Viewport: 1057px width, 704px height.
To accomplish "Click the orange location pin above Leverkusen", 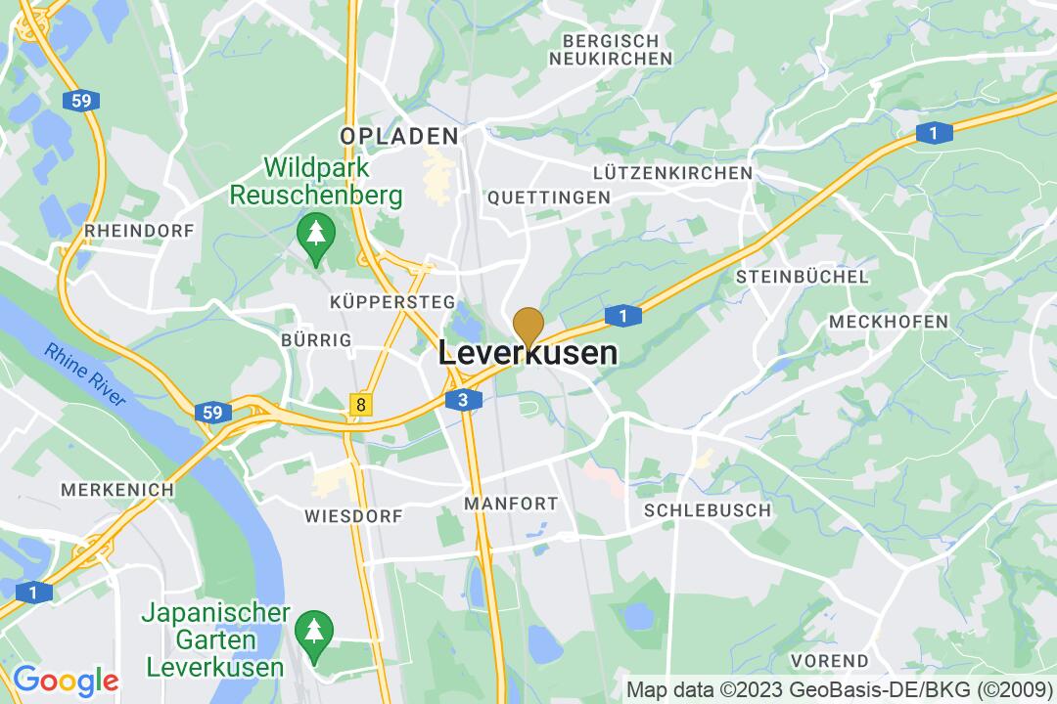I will [528, 326].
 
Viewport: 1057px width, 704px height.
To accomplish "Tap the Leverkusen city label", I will [528, 353].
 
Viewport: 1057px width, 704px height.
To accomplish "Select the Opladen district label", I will [399, 136].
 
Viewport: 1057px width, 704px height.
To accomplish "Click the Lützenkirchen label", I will [672, 173].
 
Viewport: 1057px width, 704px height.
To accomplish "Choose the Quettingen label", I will [548, 197].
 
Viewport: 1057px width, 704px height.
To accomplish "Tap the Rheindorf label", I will [140, 230].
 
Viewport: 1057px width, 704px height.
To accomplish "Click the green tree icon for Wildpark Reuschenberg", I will [315, 236].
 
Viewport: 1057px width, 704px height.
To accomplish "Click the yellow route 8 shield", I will [362, 404].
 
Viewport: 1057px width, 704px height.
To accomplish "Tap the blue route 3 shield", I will [463, 399].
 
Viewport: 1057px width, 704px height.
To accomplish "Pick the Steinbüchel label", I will [802, 277].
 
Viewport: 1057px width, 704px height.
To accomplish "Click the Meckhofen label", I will [888, 322].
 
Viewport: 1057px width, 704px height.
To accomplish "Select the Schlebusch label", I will [707, 510].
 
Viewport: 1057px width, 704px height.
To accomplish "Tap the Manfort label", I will [510, 505].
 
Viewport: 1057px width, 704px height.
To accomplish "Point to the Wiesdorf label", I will [342, 515].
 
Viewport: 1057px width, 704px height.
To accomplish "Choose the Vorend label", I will [829, 660].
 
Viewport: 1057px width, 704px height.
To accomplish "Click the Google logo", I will [66, 680].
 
